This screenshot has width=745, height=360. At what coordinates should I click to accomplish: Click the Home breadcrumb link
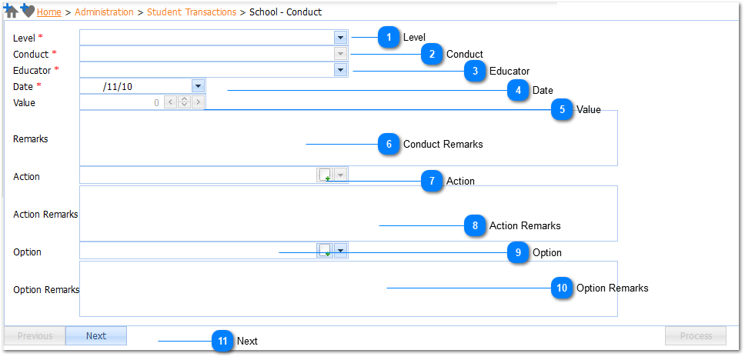click(x=49, y=12)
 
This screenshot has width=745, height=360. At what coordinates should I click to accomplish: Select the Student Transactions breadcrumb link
click(x=192, y=12)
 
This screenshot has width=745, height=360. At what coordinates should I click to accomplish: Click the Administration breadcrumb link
click(x=104, y=12)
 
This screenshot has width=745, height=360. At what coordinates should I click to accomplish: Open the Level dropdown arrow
click(x=340, y=38)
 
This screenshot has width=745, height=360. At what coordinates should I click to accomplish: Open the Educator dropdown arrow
click(x=340, y=70)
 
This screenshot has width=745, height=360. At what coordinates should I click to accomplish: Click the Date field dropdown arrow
click(x=198, y=86)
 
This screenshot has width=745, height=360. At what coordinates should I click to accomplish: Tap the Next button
click(x=96, y=336)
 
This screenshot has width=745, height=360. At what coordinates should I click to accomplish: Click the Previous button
click(x=35, y=336)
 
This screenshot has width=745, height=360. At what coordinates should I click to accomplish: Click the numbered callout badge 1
click(x=389, y=37)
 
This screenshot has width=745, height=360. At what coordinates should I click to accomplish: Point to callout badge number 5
click(x=562, y=110)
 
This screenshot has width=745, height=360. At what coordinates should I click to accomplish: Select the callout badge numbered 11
click(x=223, y=341)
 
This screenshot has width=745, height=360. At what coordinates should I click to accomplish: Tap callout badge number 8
click(x=475, y=225)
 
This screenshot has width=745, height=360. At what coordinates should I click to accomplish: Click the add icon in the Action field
click(x=325, y=175)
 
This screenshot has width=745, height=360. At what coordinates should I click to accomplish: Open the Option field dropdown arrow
click(x=341, y=250)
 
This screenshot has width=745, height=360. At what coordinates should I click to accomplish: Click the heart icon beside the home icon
click(x=28, y=11)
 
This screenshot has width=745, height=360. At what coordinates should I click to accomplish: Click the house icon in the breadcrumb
click(x=11, y=12)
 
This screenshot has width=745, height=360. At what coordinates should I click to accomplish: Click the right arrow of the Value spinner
click(x=198, y=102)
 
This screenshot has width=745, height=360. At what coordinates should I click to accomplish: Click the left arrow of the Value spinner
click(x=171, y=102)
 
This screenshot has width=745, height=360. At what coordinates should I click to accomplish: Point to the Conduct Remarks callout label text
click(x=443, y=144)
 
